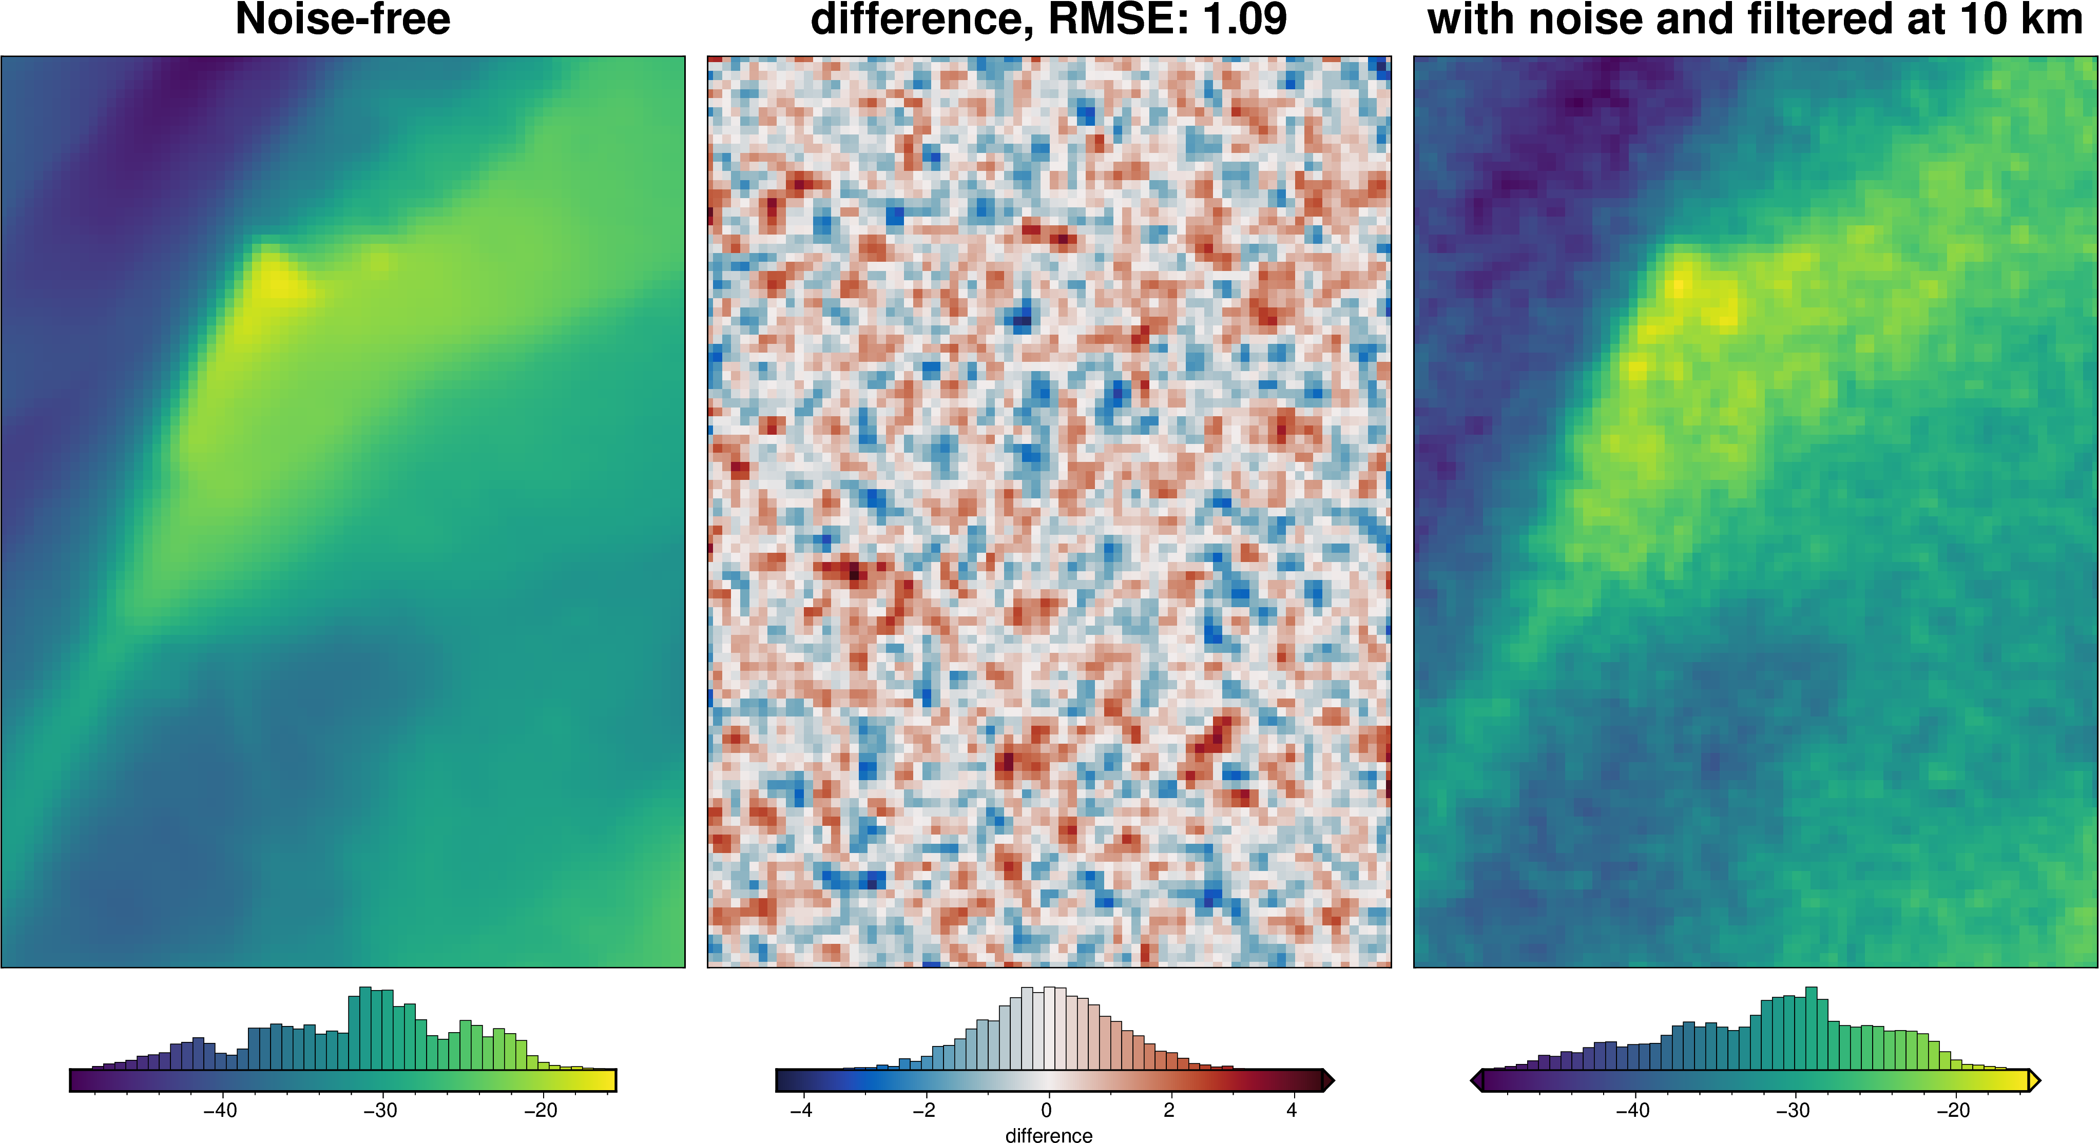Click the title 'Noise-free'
[x=342, y=20]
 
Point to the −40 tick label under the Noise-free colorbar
[x=220, y=1111]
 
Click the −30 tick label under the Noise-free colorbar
[x=380, y=1111]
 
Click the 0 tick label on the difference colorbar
[x=1046, y=1111]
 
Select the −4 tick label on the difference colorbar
[x=801, y=1111]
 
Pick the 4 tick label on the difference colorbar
[x=1292, y=1111]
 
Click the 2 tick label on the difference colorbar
[x=1169, y=1111]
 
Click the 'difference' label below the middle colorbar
[x=1049, y=1135]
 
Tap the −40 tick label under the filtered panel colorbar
[x=1633, y=1111]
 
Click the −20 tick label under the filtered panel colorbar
[x=1953, y=1111]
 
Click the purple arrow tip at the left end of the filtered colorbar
[x=1476, y=1081]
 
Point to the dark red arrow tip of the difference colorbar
[x=1327, y=1081]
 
